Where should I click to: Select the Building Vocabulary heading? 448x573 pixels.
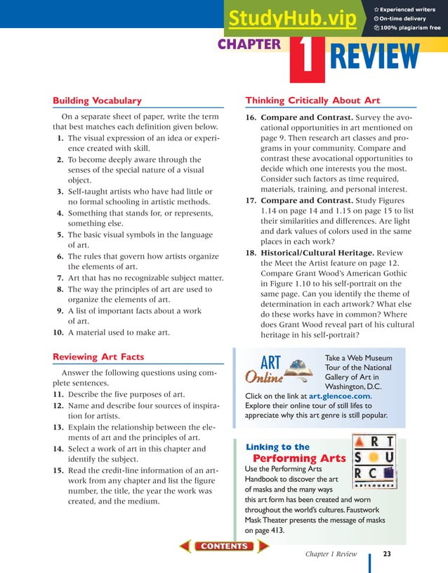point(97,100)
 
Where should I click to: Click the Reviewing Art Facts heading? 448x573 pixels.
point(98,357)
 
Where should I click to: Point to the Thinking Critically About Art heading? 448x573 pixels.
point(312,100)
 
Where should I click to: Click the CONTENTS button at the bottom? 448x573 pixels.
point(224,546)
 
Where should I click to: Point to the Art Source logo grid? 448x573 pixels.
point(372,461)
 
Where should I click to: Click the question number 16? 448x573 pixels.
point(250,117)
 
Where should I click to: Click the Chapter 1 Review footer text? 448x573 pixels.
point(331,554)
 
